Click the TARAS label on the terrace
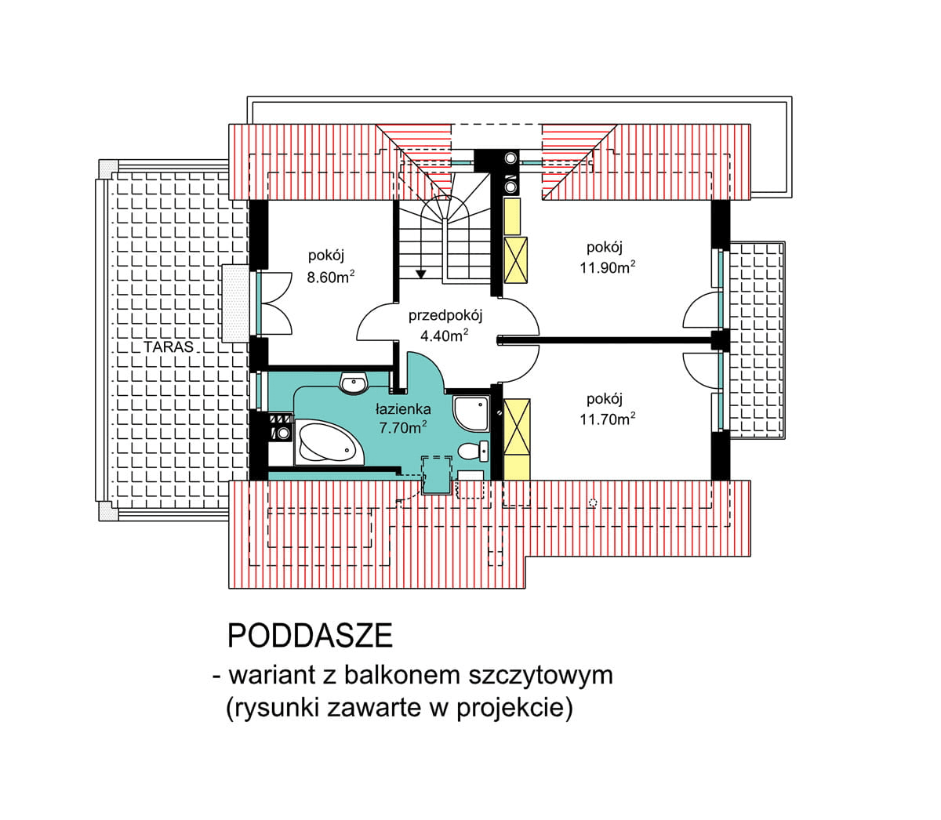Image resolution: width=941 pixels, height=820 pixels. (x=168, y=347)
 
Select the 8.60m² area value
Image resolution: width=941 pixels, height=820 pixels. (x=330, y=277)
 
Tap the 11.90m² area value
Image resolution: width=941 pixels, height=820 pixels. (x=607, y=267)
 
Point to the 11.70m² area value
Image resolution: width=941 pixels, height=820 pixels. (x=607, y=419)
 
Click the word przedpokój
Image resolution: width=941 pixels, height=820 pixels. (x=445, y=316)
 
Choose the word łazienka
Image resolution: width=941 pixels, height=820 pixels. (x=403, y=408)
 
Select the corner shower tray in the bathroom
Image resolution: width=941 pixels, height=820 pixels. (x=470, y=412)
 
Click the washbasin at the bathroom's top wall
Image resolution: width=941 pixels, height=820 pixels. (x=353, y=383)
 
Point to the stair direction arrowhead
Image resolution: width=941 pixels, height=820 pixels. (x=421, y=274)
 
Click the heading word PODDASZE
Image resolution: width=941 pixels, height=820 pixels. (x=310, y=637)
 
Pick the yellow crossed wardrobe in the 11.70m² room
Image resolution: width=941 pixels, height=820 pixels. (x=517, y=426)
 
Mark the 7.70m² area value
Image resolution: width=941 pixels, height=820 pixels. (x=403, y=428)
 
